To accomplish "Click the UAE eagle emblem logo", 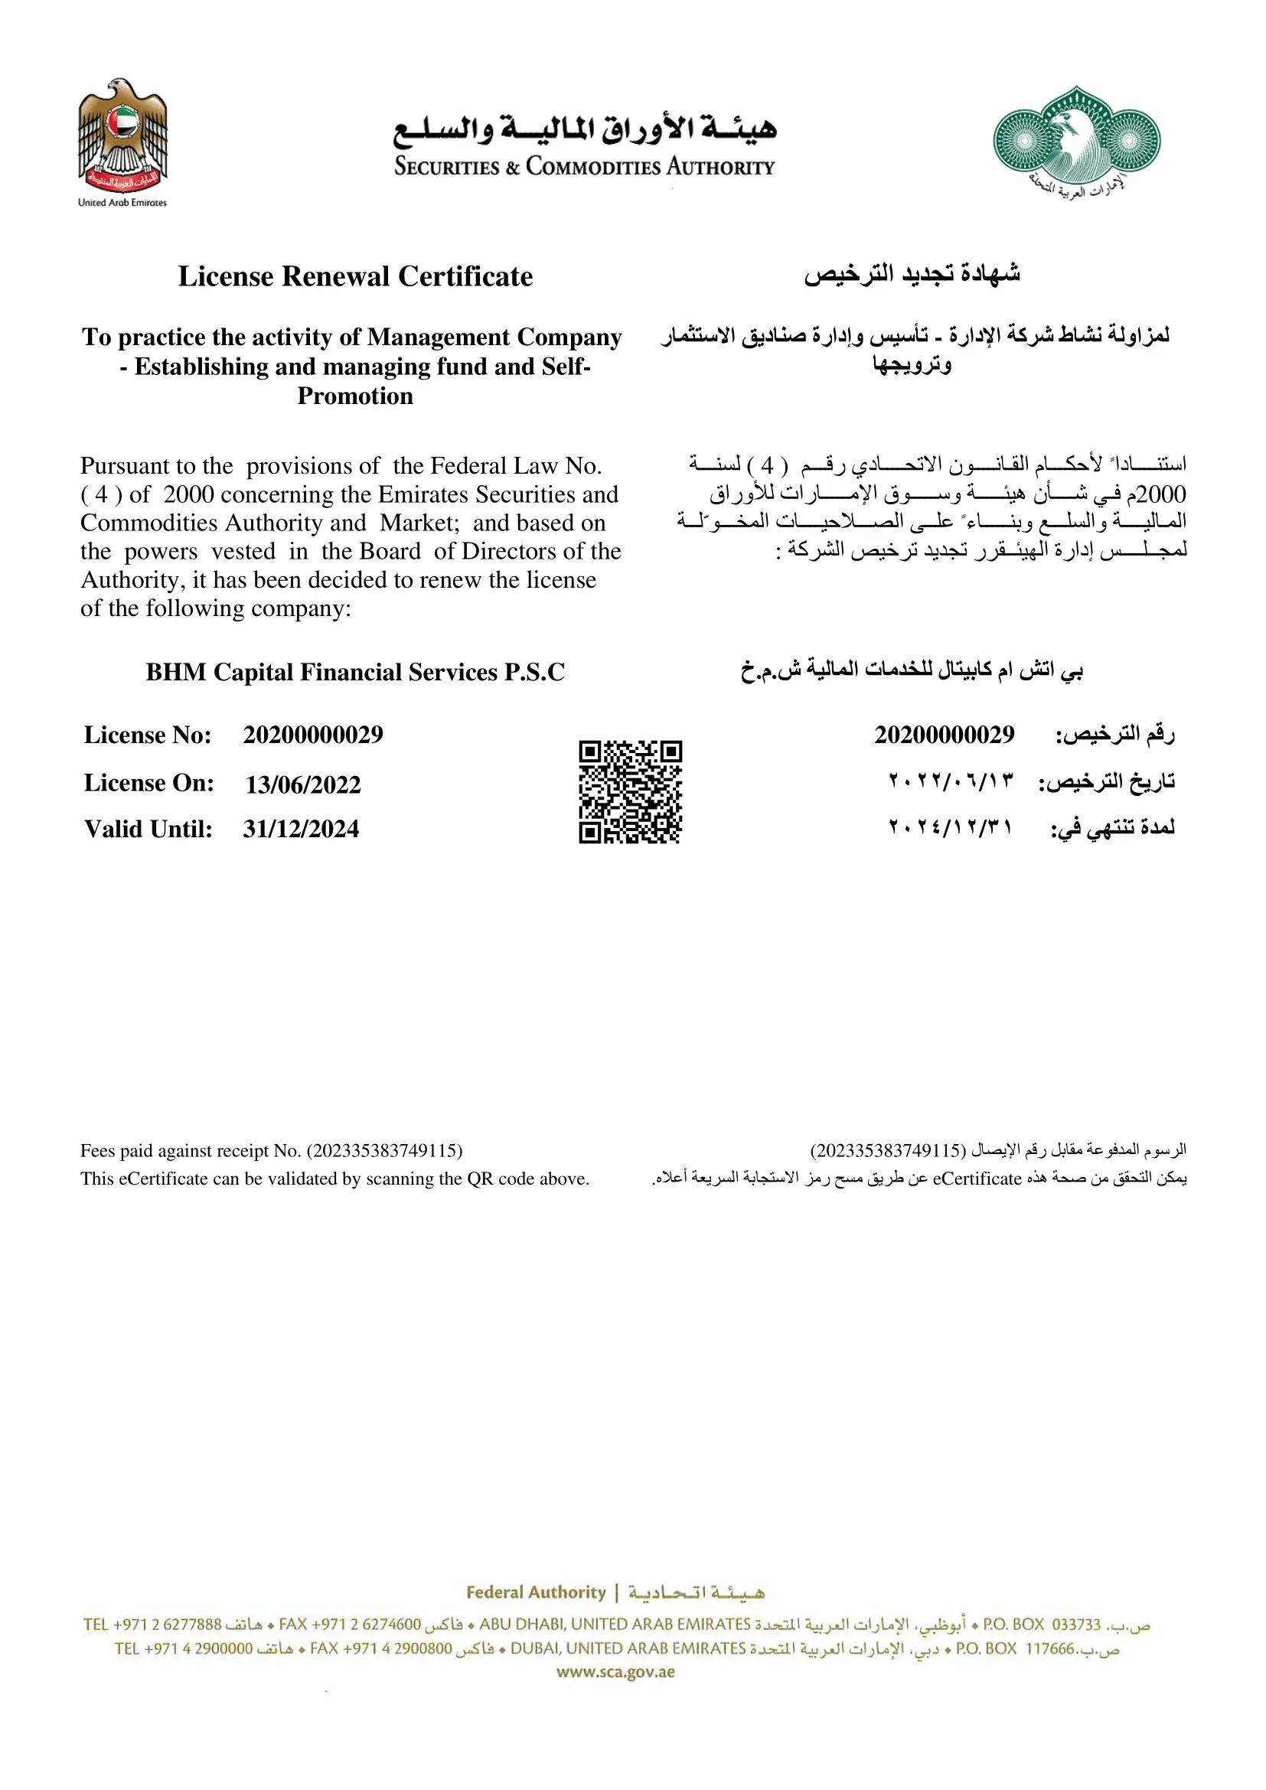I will pos(122,136).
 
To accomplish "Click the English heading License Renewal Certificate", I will pos(355,277).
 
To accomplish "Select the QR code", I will pos(630,792).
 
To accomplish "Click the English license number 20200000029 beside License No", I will pos(312,735).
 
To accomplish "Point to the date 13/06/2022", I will pos(303,784).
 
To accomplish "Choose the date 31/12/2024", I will pos(301,829).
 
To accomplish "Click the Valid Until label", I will pos(148,829).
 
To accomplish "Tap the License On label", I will pos(149,783).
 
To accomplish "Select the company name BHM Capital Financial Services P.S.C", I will pos(354,672).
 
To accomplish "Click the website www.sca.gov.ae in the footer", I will pos(616,1671).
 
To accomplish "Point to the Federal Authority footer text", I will pos(536,1592).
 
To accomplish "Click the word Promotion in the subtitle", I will pos(355,396).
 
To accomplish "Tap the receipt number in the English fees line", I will pos(384,1151).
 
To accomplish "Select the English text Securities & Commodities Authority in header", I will pos(584,167).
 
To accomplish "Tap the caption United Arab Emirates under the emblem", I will pos(122,203).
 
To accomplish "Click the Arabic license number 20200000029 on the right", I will pos(944,735).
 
